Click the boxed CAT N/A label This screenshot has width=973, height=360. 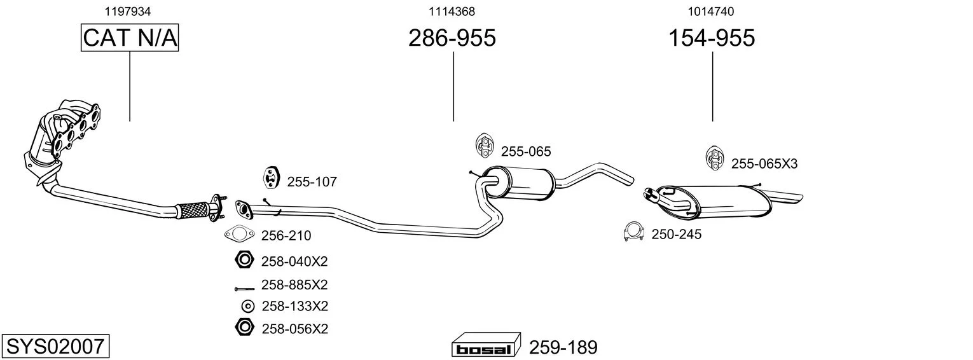130,38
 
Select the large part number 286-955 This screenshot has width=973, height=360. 452,38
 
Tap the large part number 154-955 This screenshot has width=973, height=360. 711,38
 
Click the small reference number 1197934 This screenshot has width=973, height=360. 130,11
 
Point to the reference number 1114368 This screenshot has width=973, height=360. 452,11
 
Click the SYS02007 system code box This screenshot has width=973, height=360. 55,347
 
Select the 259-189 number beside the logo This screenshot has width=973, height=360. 563,347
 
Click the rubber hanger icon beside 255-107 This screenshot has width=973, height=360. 272,179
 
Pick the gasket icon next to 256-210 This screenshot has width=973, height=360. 239,235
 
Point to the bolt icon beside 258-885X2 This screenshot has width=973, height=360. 244,288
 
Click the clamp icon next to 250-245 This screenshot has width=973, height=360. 633,233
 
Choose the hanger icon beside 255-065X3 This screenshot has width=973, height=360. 715,158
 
